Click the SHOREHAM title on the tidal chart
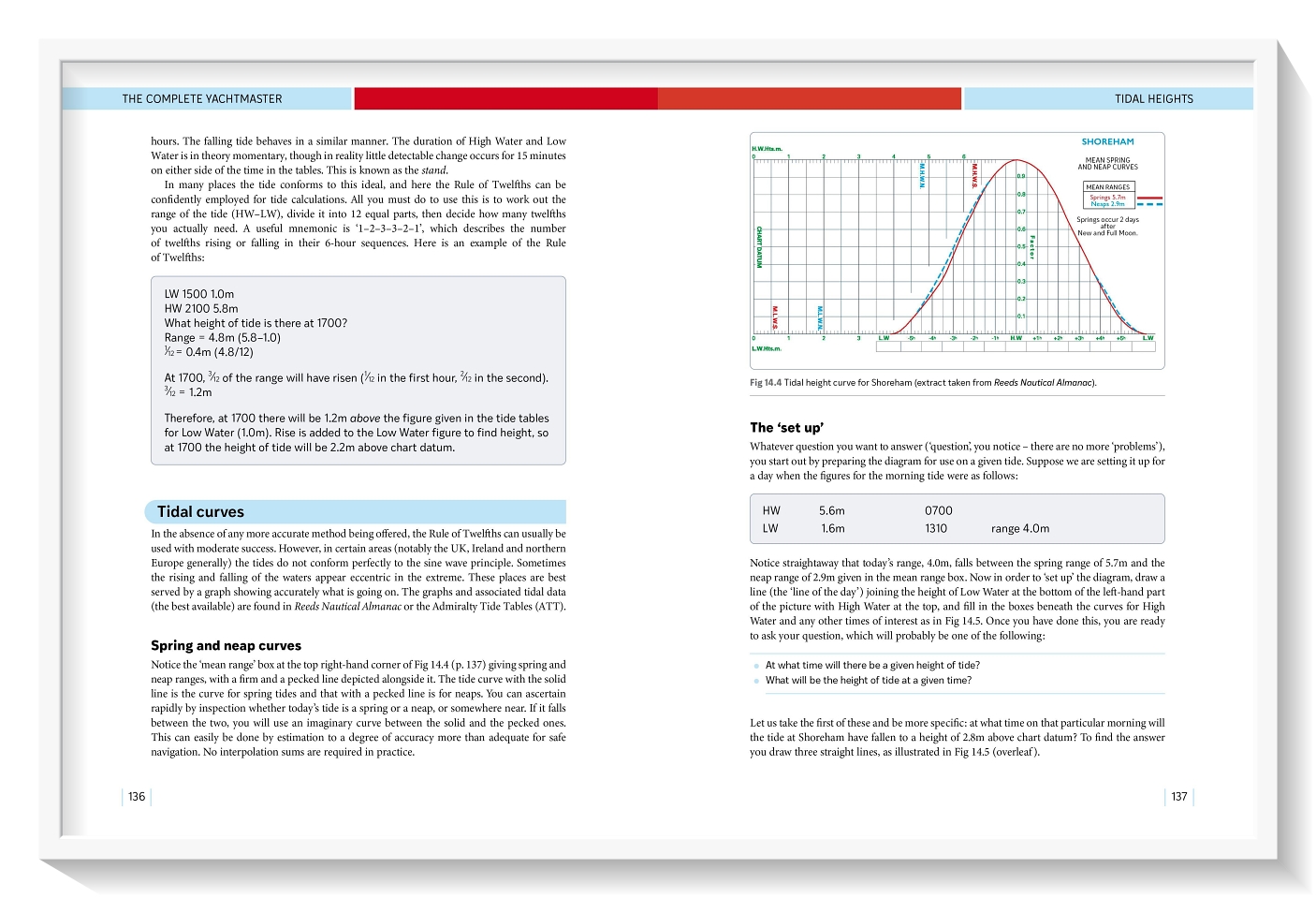click(1107, 142)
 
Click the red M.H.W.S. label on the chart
click(974, 175)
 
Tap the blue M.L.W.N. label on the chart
click(819, 317)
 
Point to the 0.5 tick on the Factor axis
click(1021, 246)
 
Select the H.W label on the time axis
click(1016, 338)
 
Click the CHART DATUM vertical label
click(759, 246)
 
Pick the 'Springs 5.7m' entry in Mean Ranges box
click(1107, 198)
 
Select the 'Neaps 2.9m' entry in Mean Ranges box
click(1107, 204)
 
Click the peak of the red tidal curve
click(1016, 161)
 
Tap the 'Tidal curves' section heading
click(200, 512)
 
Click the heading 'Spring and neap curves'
click(226, 645)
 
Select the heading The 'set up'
click(786, 428)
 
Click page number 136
click(137, 797)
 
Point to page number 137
click(1178, 797)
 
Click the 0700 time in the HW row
click(938, 511)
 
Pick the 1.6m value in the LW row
click(832, 528)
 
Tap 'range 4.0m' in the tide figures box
click(1020, 528)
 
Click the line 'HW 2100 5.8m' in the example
click(201, 308)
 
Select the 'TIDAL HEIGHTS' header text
click(1153, 98)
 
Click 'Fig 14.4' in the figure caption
click(765, 383)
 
